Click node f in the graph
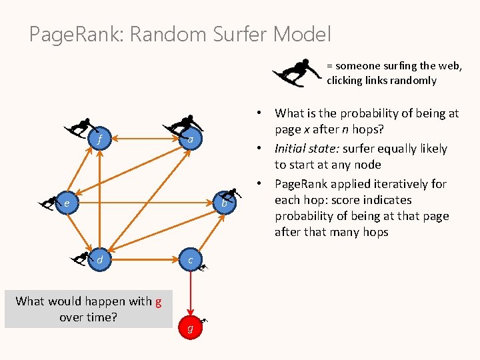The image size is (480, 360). click(x=99, y=140)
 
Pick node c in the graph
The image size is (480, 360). click(x=191, y=259)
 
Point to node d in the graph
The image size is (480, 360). click(x=99, y=259)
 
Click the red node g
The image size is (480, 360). click(x=191, y=328)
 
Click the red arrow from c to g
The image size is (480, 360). click(x=191, y=293)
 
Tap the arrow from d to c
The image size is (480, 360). click(x=145, y=259)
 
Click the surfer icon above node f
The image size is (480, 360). click(x=79, y=127)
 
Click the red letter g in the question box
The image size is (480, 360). click(x=158, y=301)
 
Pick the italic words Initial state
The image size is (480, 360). click(x=305, y=149)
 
